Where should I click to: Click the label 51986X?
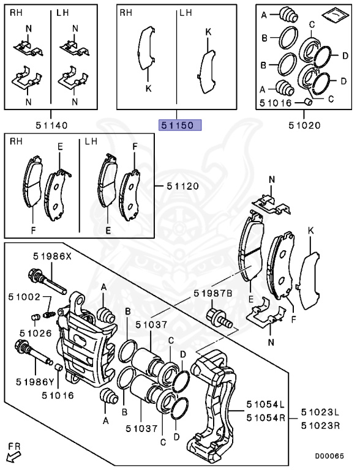tap(52, 257)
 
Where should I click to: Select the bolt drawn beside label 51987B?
tap(218, 318)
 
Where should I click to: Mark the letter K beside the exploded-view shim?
tap(310, 230)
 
